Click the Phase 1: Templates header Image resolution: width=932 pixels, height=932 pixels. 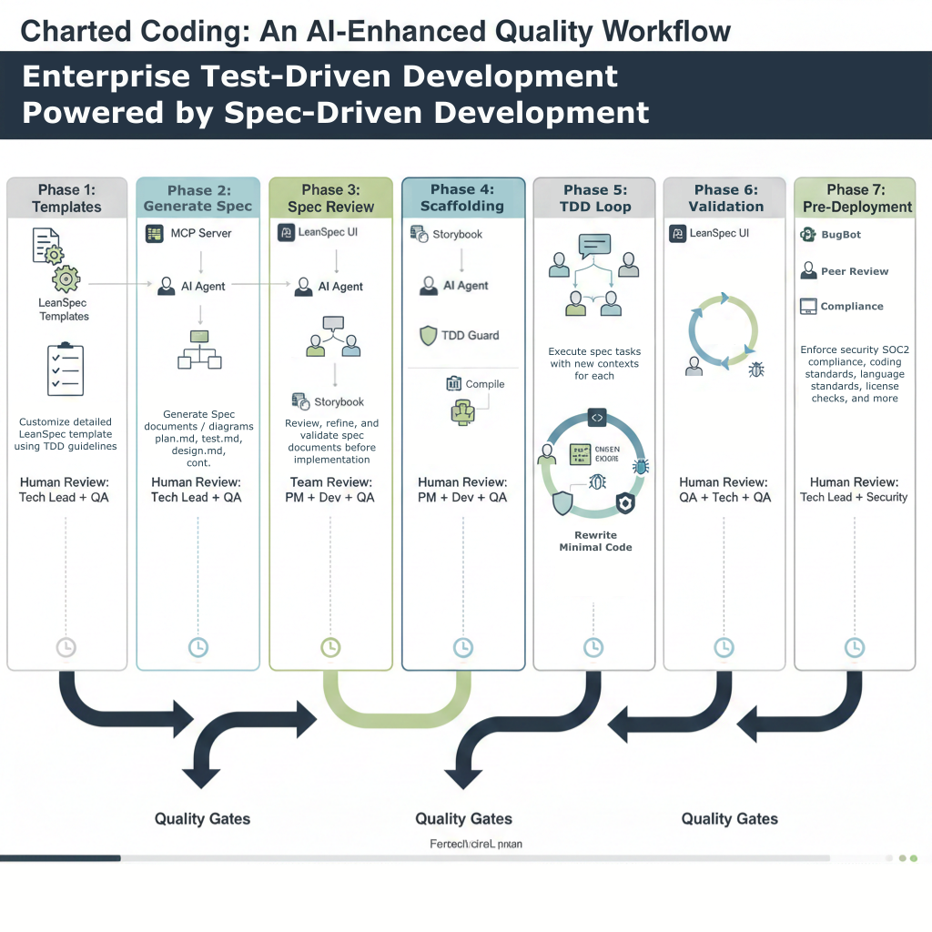66,198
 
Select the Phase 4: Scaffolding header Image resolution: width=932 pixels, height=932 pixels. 462,198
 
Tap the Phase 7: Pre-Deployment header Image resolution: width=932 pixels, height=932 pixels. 856,198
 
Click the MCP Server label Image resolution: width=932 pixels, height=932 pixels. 201,233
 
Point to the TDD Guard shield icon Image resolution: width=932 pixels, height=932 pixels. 428,335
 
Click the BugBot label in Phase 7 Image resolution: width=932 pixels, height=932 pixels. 840,235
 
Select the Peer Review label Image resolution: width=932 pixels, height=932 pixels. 854,271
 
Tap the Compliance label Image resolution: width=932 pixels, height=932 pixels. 851,307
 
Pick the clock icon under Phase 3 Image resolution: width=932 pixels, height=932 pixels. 330,647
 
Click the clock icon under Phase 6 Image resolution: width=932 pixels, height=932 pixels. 724,647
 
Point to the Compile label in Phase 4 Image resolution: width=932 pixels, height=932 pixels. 484,384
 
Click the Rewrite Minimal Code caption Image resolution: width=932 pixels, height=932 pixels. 595,541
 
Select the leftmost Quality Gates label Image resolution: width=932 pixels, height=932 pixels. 202,819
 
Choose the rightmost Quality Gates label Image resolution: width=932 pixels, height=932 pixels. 729,819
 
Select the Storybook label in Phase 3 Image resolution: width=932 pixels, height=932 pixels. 339,401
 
